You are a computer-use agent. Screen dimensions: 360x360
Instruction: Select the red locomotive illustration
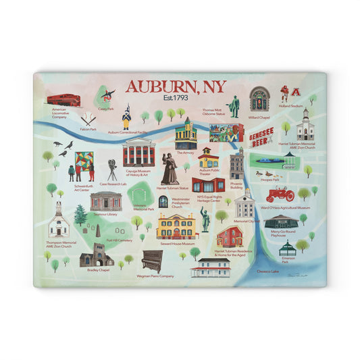click(63, 101)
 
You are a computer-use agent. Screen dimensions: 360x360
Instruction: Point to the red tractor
click(280, 195)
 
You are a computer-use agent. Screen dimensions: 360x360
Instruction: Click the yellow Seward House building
click(177, 226)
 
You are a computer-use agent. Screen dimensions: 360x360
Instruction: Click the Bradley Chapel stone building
click(97, 257)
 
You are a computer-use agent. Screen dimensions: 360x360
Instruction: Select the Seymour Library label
click(106, 214)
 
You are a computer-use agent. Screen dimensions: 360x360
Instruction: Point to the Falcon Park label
click(88, 129)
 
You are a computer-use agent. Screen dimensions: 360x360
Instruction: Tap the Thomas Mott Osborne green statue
click(234, 107)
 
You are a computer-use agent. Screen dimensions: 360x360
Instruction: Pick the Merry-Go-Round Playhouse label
click(282, 233)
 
